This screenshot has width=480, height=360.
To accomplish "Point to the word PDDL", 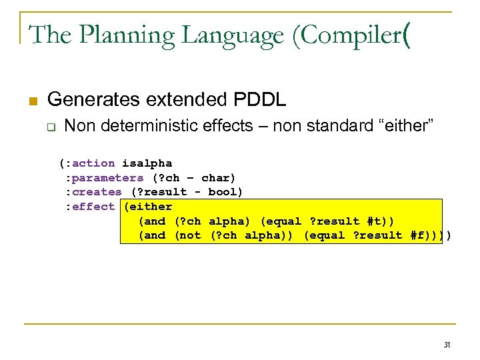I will (x=259, y=100).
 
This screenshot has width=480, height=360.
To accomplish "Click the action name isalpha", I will (x=147, y=163).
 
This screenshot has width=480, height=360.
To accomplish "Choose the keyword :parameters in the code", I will (x=105, y=178).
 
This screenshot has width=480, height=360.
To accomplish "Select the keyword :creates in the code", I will (x=94, y=192).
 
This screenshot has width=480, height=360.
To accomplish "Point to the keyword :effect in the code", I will (x=91, y=207).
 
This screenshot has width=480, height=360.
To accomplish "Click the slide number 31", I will (x=447, y=345).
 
